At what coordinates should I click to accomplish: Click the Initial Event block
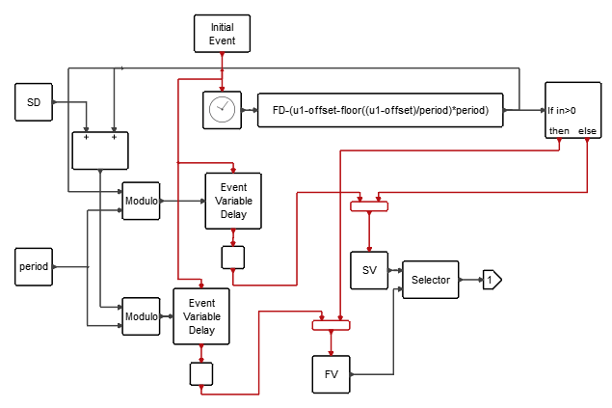[x=223, y=34]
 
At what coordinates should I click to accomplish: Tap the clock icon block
[x=222, y=110]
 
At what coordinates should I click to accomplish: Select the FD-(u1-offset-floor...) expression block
[x=381, y=110]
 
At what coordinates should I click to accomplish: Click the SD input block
[x=33, y=101]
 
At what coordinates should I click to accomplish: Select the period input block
[x=33, y=265]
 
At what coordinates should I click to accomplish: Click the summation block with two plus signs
[x=100, y=150]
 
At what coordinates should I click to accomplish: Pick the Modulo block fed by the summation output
[x=141, y=315]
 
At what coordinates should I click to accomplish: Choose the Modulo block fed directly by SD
[x=141, y=201]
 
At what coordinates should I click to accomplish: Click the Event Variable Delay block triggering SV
[x=232, y=201]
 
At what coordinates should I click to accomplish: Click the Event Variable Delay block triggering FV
[x=200, y=315]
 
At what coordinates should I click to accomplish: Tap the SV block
[x=369, y=269]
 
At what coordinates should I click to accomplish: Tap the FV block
[x=331, y=374]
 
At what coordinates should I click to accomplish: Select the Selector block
[x=431, y=280]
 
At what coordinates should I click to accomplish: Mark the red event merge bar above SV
[x=368, y=205]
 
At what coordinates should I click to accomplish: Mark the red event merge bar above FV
[x=331, y=324]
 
